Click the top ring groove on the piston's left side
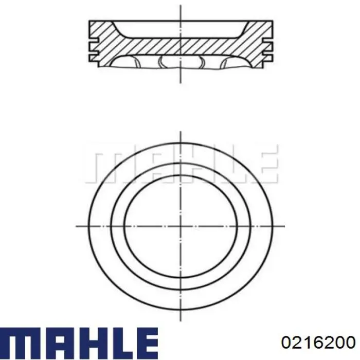[x=94, y=40]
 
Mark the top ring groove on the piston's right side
[x=268, y=40]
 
